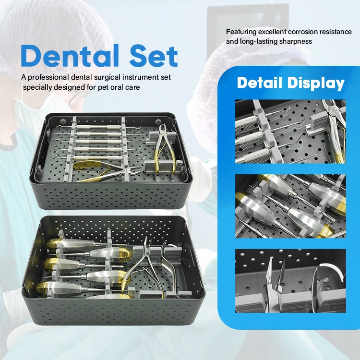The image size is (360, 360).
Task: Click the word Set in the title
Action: coord(154,56)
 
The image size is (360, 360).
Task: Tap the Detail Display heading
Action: coord(290,83)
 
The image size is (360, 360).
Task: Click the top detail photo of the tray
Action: coord(290,131)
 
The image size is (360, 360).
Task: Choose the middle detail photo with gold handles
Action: coord(290,206)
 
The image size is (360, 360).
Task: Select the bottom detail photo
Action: coord(290,281)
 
